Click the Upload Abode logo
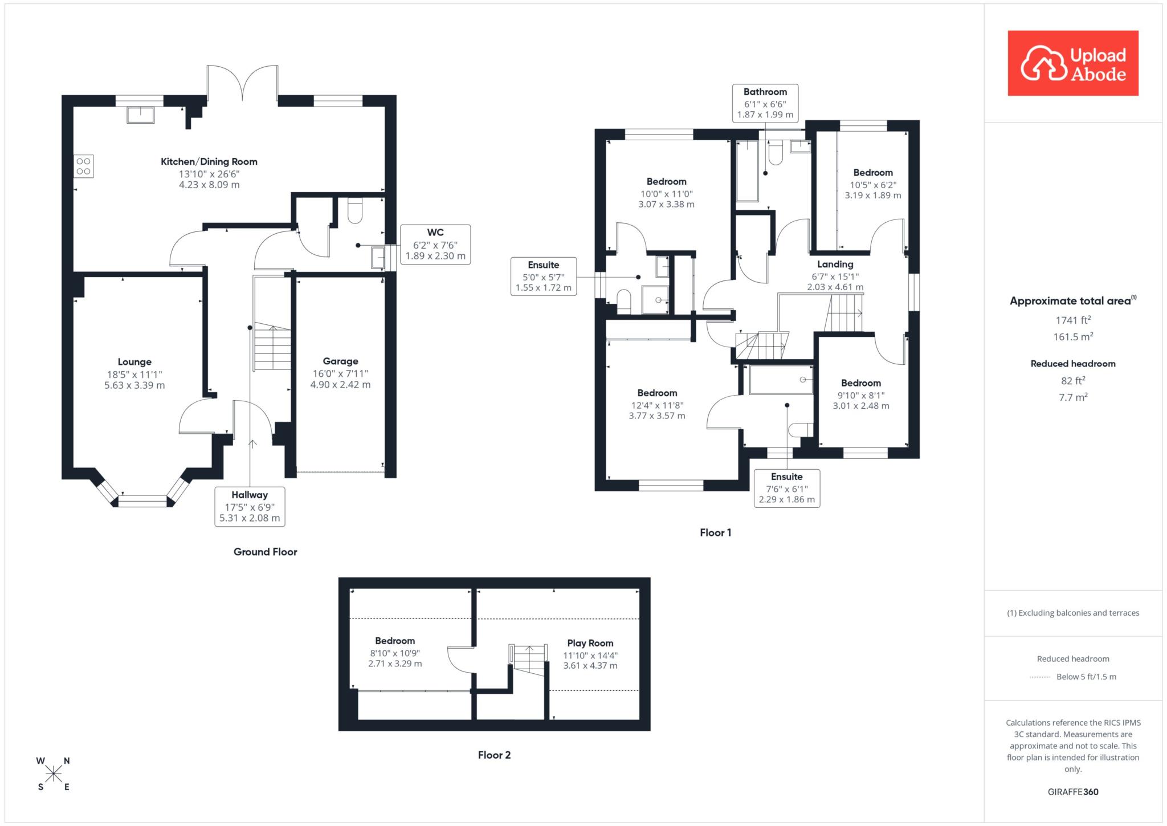coord(1073,63)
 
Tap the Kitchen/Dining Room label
coord(209,162)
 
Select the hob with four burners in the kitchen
coord(83,166)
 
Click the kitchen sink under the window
coord(140,115)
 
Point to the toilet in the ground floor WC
coord(355,211)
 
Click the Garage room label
coord(340,361)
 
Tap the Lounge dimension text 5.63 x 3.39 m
coord(134,385)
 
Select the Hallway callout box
coord(250,506)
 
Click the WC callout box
coord(435,244)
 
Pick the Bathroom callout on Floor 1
coord(765,103)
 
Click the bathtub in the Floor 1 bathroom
coord(747,170)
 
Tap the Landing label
coord(835,265)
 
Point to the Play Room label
coord(590,643)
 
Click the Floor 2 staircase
coord(529,658)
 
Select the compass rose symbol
coord(54,774)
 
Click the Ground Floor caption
coord(266,552)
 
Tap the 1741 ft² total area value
coord(1073,320)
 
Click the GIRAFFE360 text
coord(1073,792)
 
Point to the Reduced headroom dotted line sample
coord(1040,677)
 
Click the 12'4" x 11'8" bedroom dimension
coord(657,405)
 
